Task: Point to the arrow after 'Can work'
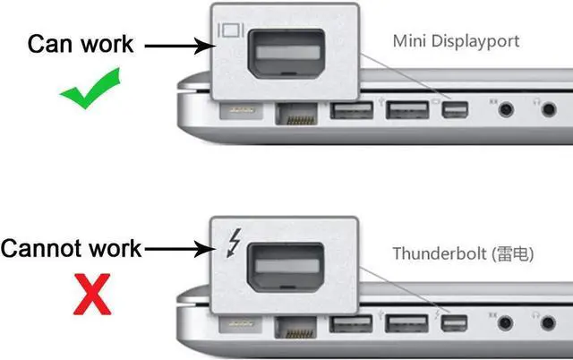click(x=175, y=43)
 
